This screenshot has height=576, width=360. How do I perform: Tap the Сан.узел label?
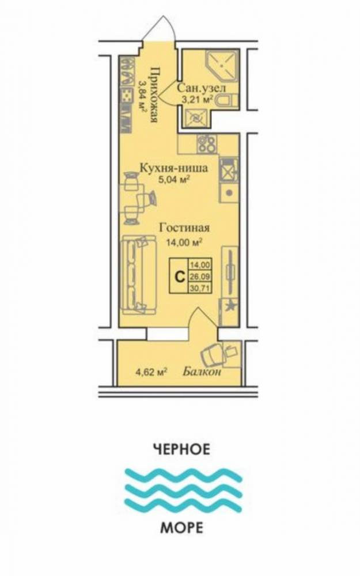coord(201,88)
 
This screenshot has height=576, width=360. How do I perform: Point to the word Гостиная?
coord(184,228)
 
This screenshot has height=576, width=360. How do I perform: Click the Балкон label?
coord(202,372)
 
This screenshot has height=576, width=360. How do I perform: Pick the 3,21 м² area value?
coord(198,99)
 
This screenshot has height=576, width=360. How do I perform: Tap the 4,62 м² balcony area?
coord(151,372)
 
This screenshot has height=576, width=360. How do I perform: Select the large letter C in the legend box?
coord(180,275)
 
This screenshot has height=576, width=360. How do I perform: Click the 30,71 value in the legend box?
coord(200,288)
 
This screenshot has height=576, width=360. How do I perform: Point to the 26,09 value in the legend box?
coord(200,275)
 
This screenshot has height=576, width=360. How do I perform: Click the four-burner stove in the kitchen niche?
coord(207,143)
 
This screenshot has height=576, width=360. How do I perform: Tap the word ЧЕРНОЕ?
coord(181,449)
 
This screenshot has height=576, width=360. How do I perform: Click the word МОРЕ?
coord(181,528)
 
